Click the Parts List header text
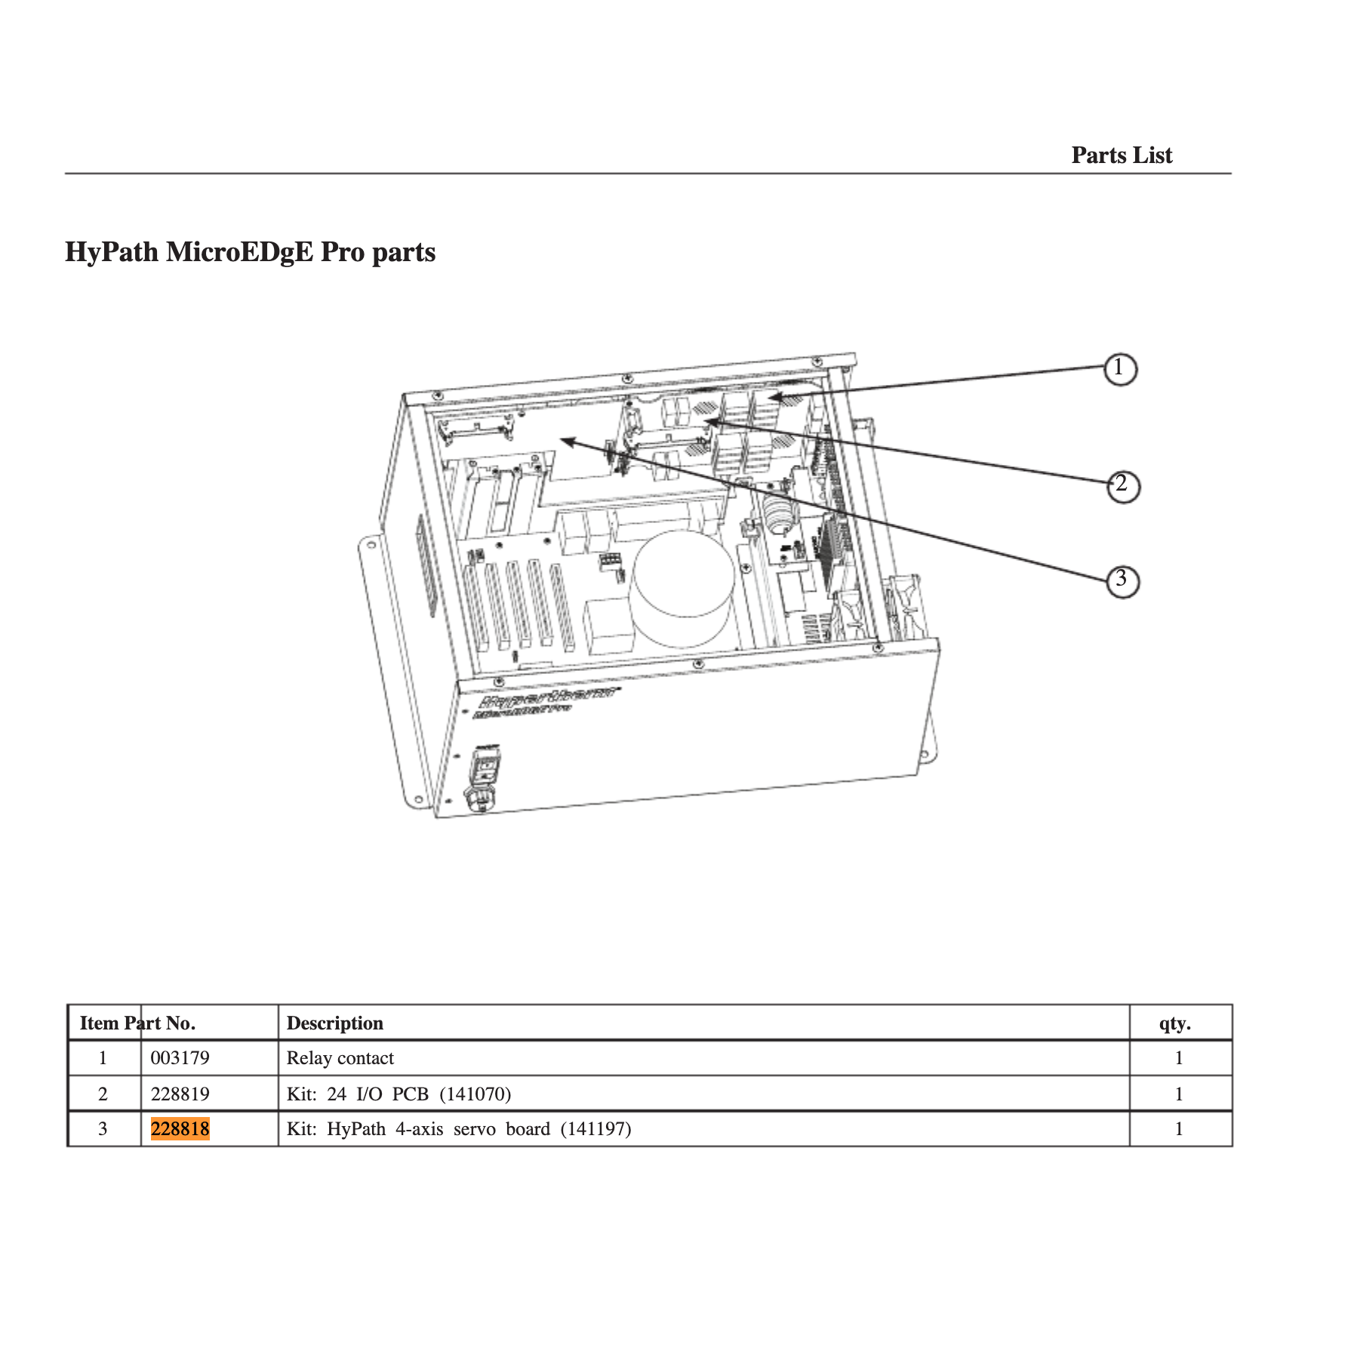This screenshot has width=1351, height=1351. pos(1121,155)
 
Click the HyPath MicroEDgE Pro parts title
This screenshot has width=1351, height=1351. pos(250,251)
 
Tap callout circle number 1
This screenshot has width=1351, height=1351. pos(1120,369)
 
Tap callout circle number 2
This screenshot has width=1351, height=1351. pos(1122,485)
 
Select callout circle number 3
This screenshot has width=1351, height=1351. pos(1122,581)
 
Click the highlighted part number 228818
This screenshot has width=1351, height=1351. pos(180,1129)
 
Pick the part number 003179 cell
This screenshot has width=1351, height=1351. pos(180,1058)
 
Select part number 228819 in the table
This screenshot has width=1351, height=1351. pos(180,1094)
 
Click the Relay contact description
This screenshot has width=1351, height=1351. pos(340,1058)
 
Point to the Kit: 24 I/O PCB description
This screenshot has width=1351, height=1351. pos(399,1094)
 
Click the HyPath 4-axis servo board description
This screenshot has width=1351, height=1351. pos(459,1129)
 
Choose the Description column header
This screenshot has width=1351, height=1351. pos(334,1023)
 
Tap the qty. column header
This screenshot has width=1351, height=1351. pos(1174,1023)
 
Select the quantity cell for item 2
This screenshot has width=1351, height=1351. pos(1178,1094)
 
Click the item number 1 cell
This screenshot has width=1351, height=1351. pos(103,1058)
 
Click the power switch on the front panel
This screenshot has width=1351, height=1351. pos(486,768)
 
